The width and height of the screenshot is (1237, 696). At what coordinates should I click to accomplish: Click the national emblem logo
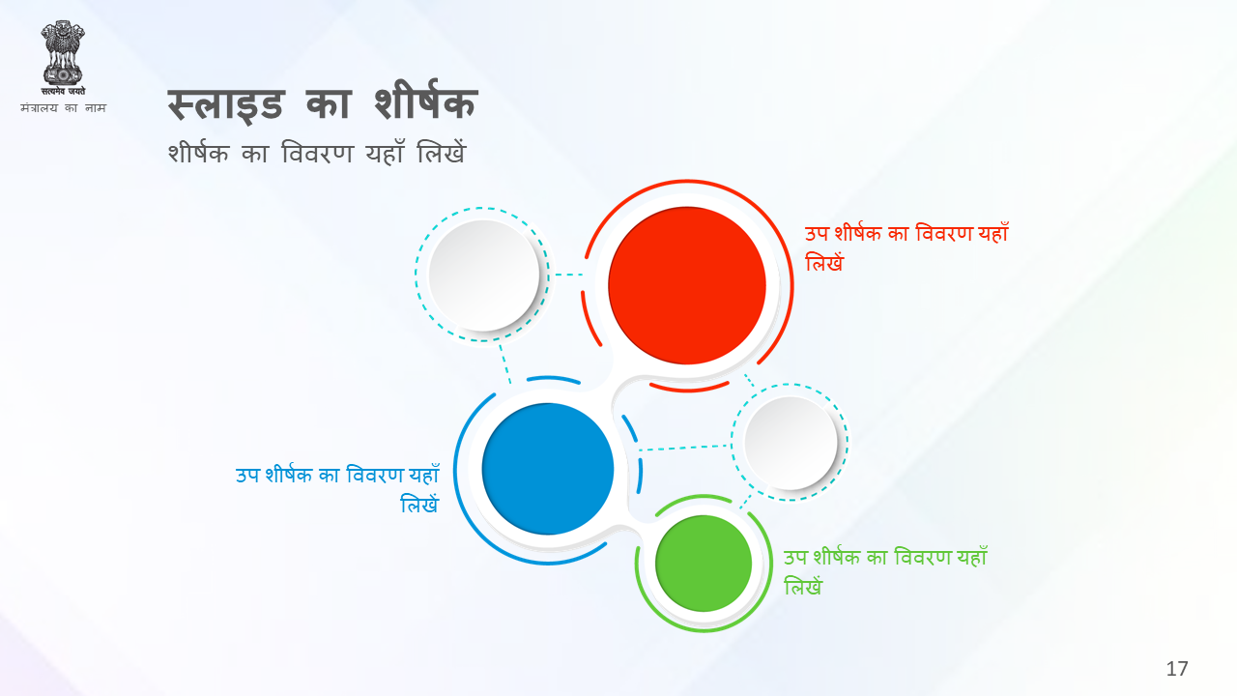[x=63, y=57]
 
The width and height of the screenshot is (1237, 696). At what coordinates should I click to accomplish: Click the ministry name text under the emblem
[x=63, y=107]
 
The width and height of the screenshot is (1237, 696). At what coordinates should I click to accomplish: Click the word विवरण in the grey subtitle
[x=317, y=153]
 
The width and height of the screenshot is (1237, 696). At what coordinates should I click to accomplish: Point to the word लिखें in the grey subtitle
[x=442, y=152]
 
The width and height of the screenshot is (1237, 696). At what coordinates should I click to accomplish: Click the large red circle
[x=687, y=285]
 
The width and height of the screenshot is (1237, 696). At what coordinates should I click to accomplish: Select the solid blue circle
[x=548, y=469]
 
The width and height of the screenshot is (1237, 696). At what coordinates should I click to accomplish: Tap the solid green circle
[x=704, y=564]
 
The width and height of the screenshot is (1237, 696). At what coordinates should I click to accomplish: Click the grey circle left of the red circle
[x=484, y=275]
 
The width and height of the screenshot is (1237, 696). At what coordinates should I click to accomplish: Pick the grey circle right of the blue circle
[x=791, y=443]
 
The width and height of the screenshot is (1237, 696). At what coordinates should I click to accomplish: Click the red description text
[x=906, y=247]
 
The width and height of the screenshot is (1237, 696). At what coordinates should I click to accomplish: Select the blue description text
[x=337, y=489]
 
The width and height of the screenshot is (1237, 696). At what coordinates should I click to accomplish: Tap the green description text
[x=885, y=571]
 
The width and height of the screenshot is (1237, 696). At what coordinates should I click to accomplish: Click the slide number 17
[x=1177, y=669]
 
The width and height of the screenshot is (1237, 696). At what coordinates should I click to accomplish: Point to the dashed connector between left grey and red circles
[x=569, y=275]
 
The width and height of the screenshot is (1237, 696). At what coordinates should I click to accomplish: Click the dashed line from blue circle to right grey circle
[x=685, y=448]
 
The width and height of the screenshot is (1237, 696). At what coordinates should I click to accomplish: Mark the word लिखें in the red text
[x=824, y=262]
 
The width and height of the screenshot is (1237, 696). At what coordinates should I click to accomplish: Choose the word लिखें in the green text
[x=803, y=586]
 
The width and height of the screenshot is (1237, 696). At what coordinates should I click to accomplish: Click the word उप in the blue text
[x=247, y=476]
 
